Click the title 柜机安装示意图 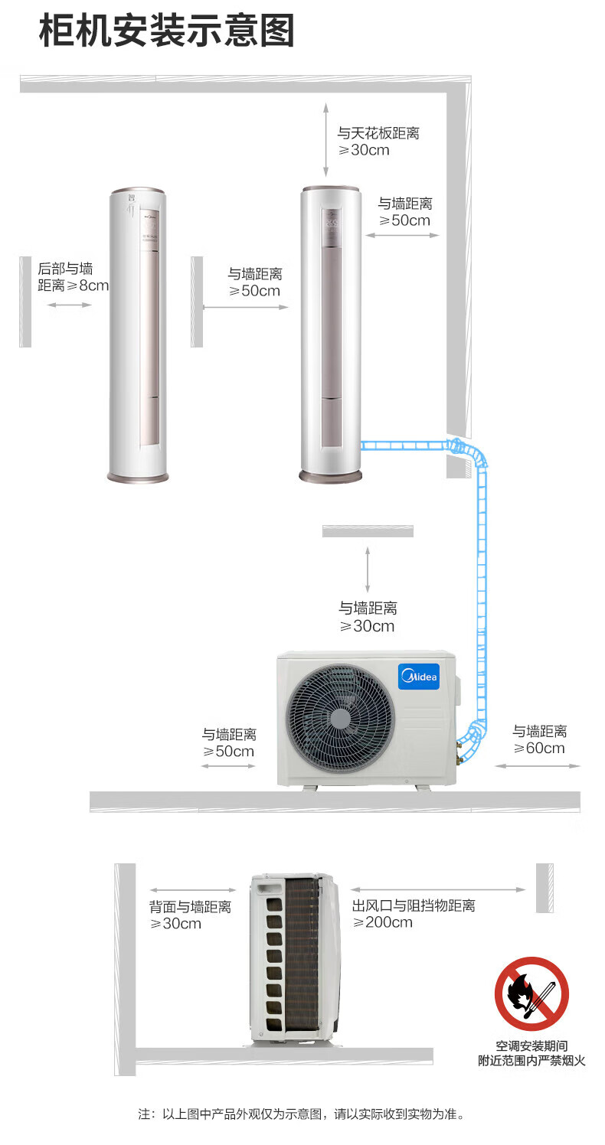[166, 31]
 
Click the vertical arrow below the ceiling [325, 139]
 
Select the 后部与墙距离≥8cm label [73, 277]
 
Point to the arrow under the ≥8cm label [69, 305]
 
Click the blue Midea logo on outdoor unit [419, 677]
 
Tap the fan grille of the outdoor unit [340, 718]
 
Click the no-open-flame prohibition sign [531, 993]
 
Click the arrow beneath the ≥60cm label [538, 765]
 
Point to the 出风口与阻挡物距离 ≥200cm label [414, 913]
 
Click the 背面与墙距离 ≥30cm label [190, 915]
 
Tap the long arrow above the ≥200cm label [438, 889]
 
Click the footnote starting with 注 [301, 1114]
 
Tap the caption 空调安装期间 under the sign [532, 1046]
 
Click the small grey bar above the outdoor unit [368, 531]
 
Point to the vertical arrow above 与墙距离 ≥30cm [367, 569]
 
